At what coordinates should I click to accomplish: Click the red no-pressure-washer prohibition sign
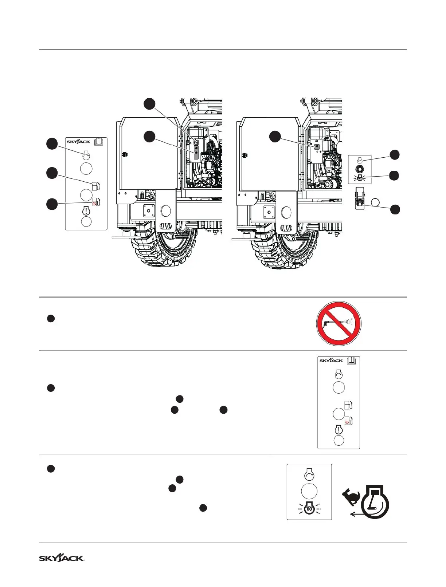coord(339,323)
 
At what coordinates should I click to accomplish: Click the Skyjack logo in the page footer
coord(61,558)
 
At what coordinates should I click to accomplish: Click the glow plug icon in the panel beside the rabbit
coord(309,509)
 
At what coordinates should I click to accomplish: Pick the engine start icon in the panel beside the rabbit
coord(309,475)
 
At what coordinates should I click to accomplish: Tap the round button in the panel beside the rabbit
coord(309,491)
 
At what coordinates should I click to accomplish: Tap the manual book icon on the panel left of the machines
coord(99,141)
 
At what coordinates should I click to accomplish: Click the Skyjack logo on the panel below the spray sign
coord(331,361)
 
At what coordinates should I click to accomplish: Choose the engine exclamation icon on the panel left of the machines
coord(86,211)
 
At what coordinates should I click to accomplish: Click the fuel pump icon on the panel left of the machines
coord(95,186)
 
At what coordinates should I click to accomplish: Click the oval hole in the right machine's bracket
coord(286,212)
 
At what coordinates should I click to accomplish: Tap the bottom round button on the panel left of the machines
coord(86,221)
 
